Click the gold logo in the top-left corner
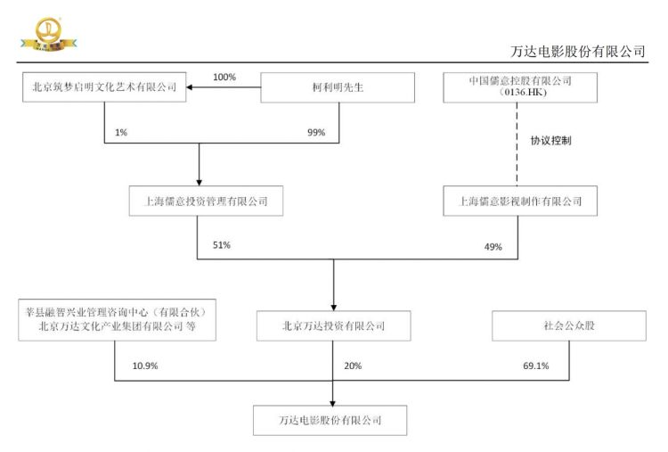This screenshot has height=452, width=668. coord(49,34)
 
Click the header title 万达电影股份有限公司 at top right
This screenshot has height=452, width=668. coord(577,52)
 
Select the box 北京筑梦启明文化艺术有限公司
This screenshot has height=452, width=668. coord(104,87)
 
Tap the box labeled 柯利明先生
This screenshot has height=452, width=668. coord(338,87)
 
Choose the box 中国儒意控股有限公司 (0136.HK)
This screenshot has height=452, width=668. coord(520,87)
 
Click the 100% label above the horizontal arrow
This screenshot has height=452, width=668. coord(224,78)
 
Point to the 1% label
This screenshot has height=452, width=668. coord(121,133)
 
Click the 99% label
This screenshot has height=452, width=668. coord(316,133)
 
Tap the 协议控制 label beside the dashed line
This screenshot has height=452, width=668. coord(550,141)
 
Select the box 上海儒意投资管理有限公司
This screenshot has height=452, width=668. coord(206,201)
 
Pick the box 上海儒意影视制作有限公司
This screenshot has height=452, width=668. coord(520,201)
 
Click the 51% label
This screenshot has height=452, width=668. coord(222,245)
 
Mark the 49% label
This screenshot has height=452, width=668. coord(493,247)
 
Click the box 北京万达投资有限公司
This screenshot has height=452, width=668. coord(334,325)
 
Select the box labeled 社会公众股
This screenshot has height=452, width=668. coord(569,325)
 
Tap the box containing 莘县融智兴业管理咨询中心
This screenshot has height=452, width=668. coord(118,320)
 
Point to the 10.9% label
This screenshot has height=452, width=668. coord(145,366)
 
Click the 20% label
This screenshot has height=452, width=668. coord(353,366)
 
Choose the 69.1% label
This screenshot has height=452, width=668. coord(536,366)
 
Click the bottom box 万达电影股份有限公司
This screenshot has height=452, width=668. coord(330,421)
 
